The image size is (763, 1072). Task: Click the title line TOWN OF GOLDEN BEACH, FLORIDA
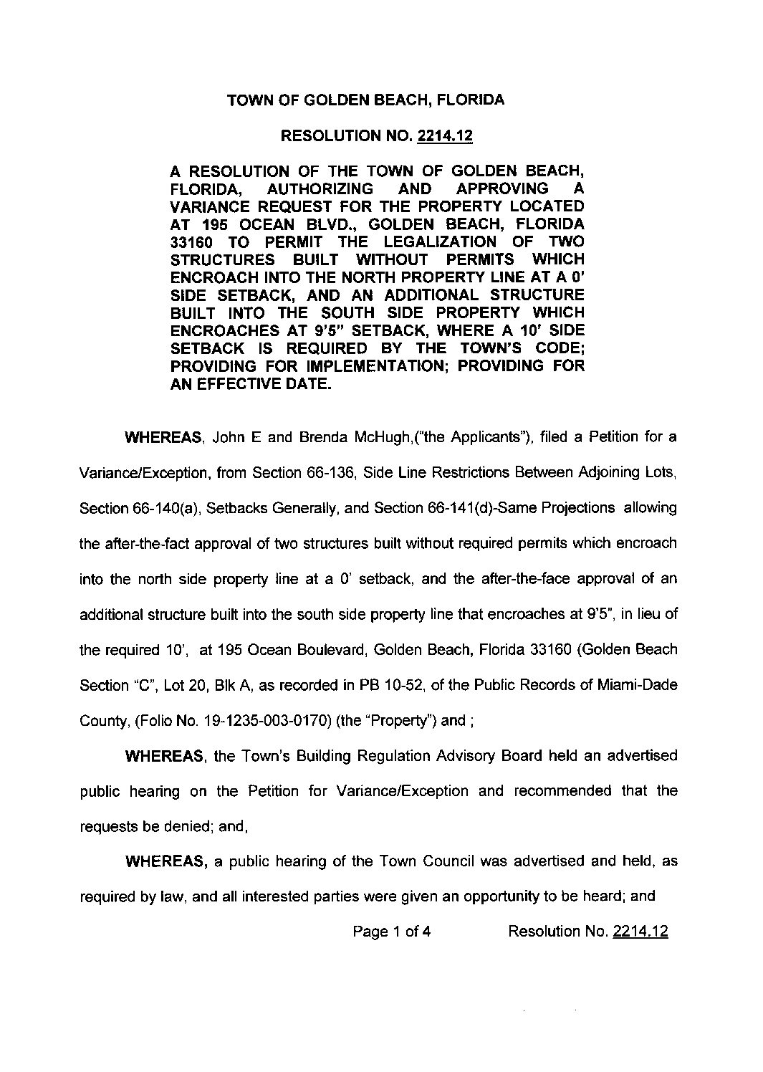click(365, 100)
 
